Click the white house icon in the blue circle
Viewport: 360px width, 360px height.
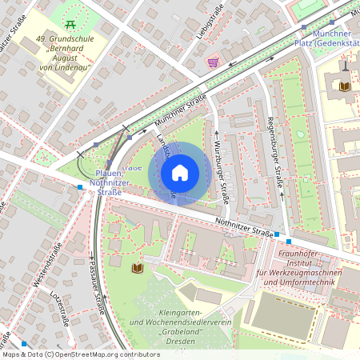(180, 173)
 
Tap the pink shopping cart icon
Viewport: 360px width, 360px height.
(213, 62)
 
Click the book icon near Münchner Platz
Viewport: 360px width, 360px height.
(345, 86)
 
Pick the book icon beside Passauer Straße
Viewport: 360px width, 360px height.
(137, 267)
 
